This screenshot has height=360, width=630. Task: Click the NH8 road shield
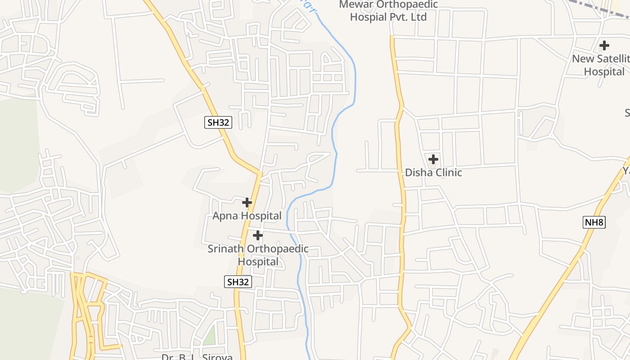594,222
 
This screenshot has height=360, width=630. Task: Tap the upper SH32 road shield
218,122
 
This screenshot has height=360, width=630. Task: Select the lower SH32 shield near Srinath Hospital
238,282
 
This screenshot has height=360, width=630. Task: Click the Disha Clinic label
433,173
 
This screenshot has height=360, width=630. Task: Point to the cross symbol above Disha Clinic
433,159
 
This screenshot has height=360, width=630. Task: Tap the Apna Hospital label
247,216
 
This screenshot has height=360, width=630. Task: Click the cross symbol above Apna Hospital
247,202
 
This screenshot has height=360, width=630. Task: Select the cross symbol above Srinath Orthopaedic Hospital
258,235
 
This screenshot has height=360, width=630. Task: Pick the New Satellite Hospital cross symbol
604,45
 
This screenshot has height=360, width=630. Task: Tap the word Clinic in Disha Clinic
446,173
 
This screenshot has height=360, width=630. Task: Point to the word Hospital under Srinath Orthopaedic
258,262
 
